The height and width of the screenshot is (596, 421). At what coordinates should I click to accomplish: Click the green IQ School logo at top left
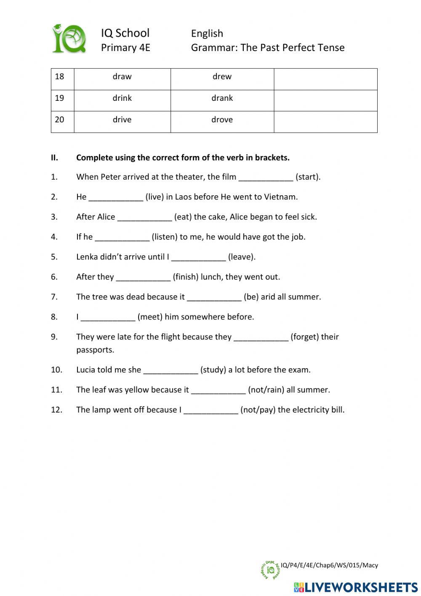69,39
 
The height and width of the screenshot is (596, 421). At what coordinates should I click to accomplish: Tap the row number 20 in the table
59,120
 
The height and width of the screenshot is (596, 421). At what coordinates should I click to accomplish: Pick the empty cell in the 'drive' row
325,121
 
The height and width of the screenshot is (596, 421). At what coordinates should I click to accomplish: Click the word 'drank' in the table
222,98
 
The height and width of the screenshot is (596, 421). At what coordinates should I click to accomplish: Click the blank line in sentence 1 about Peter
266,178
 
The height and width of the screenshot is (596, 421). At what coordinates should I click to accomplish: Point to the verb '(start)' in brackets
308,177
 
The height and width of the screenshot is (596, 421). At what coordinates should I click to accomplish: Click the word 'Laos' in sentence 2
183,197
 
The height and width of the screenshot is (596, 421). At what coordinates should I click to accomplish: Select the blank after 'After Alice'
144,218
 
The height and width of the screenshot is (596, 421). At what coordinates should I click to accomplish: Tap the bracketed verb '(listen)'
165,237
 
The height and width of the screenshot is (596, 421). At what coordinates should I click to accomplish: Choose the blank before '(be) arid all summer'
214,297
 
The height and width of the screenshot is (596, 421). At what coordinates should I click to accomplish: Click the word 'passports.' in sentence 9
95,350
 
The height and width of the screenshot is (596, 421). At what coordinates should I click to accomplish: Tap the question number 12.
56,410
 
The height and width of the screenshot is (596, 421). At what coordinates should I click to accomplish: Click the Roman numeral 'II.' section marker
54,158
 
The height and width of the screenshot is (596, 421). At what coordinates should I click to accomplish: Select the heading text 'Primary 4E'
125,48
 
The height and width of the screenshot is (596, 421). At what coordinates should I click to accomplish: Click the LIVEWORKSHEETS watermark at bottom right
356,587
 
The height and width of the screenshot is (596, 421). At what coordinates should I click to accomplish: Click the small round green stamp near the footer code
270,570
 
